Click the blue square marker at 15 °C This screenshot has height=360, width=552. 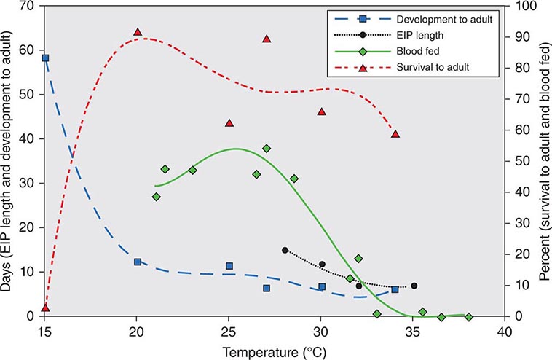[45, 58]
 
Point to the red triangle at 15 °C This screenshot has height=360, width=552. [45, 308]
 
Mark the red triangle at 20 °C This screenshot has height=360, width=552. [137, 32]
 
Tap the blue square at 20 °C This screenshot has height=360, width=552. [137, 262]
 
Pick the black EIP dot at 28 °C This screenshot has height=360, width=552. [285, 250]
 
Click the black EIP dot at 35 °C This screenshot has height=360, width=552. [414, 286]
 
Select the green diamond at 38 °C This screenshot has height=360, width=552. [468, 317]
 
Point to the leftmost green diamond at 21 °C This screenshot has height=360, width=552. [156, 197]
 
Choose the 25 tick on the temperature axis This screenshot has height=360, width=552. [229, 329]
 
